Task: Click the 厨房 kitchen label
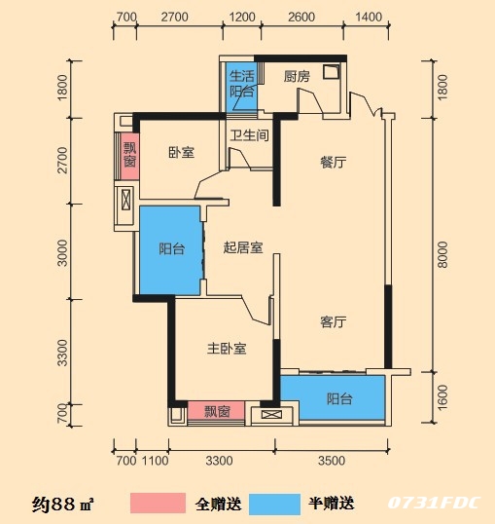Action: coord(297,77)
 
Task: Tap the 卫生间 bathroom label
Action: coord(249,135)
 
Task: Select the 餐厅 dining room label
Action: coord(334,163)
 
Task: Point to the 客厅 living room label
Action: coord(334,322)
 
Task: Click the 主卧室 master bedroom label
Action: coord(227,349)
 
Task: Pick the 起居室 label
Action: coord(243,248)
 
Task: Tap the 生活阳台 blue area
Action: coord(241,88)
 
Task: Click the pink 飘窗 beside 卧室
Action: coord(130,156)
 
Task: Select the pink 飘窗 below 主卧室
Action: coord(216,411)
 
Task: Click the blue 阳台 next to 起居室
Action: coord(169,250)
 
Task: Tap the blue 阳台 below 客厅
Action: coord(333,397)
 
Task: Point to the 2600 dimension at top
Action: coord(301,17)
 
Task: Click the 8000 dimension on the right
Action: coord(442,254)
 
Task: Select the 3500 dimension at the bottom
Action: coord(332,461)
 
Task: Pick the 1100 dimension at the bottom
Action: coord(156,461)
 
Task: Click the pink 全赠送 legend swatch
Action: coord(158,503)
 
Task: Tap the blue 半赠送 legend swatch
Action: coord(274,504)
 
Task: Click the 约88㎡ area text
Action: coord(63,504)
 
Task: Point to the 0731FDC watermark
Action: coord(435,503)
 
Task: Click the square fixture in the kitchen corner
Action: coord(331,72)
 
